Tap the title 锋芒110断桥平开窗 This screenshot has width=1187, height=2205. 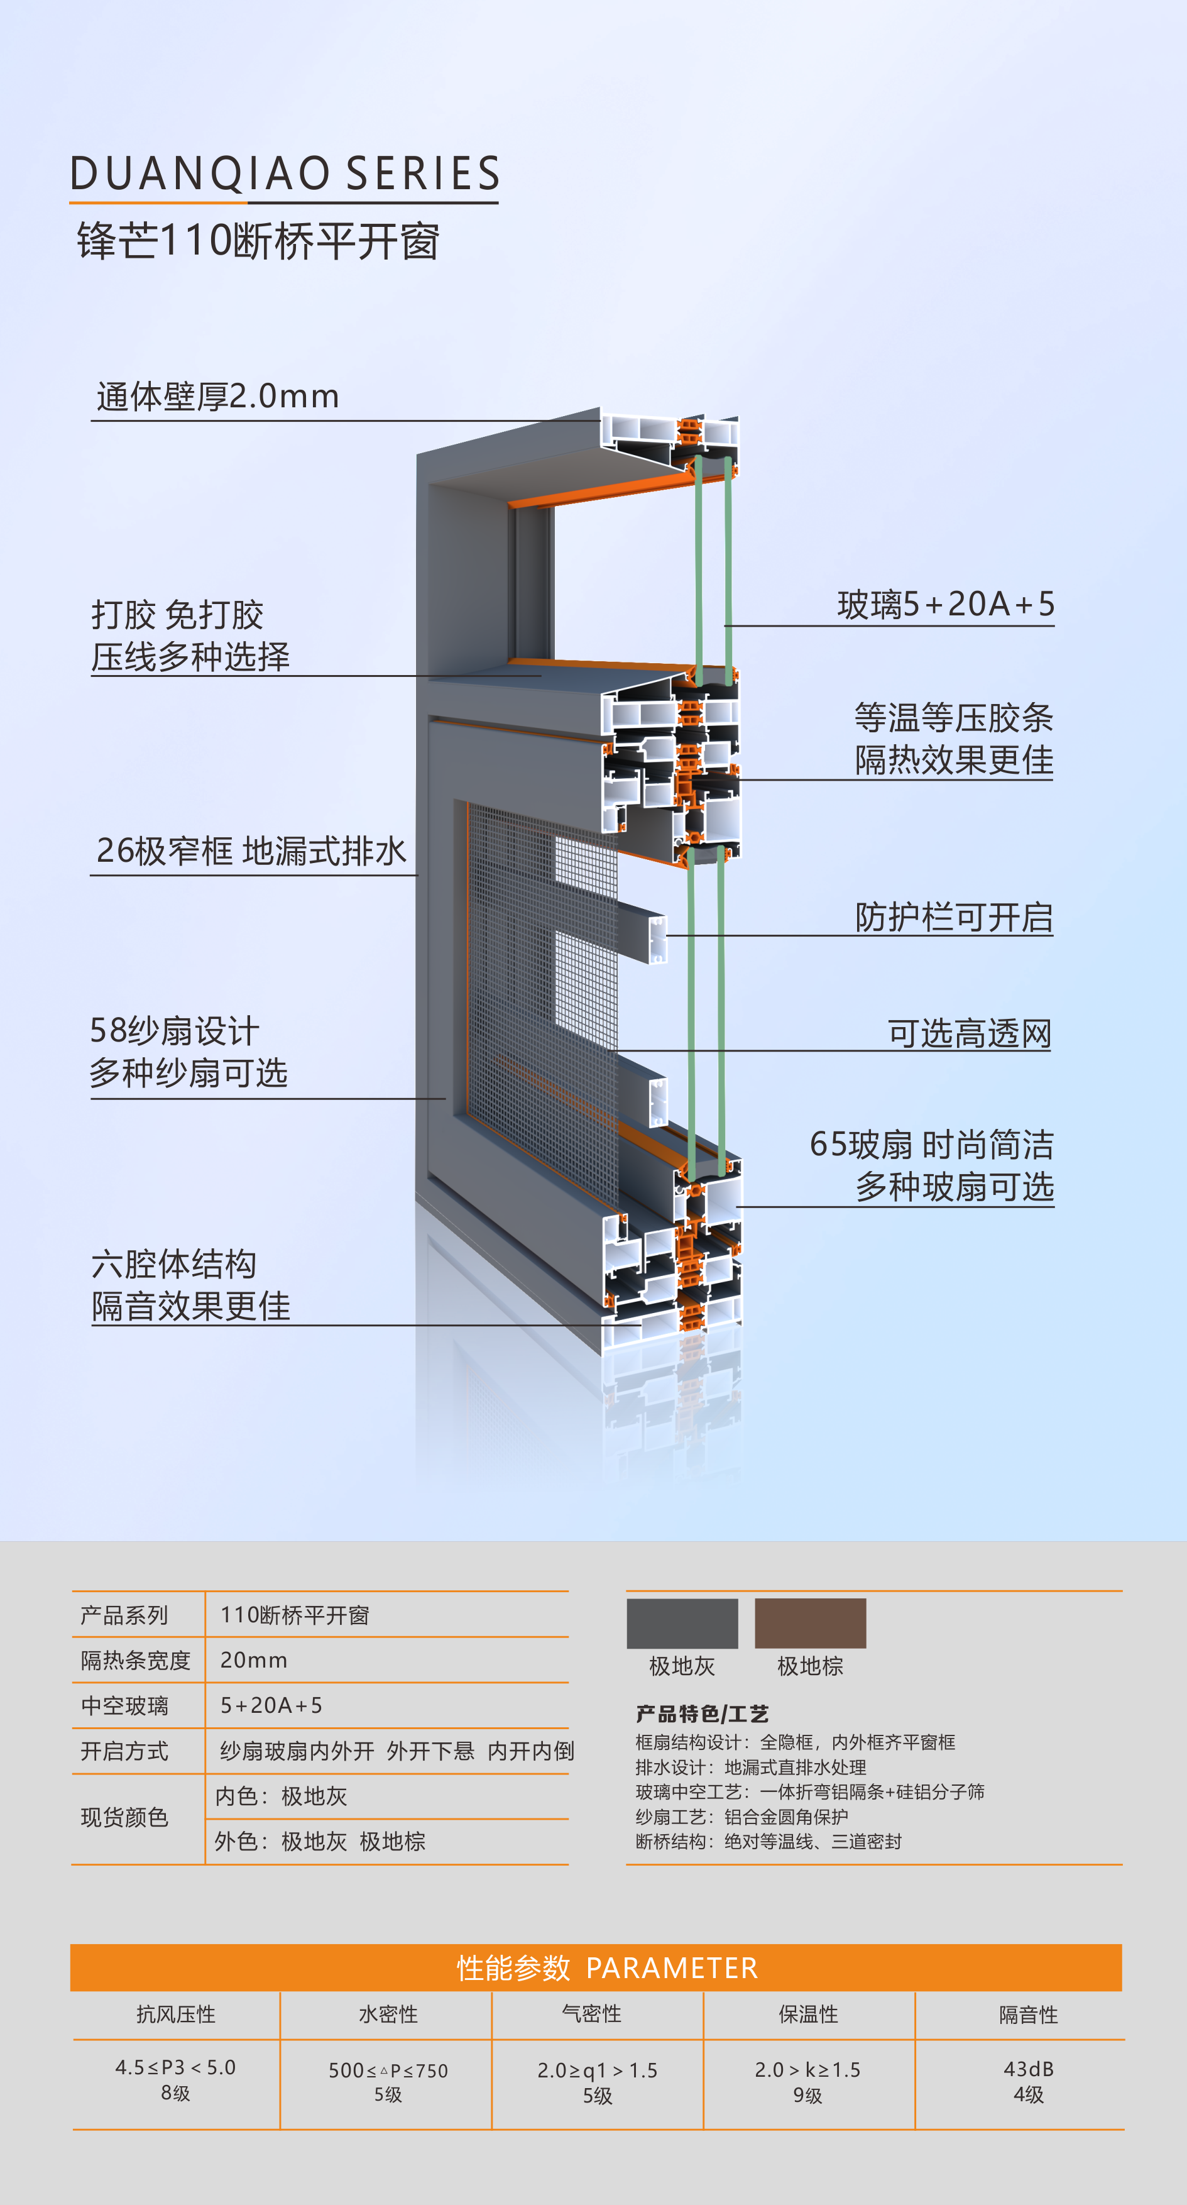[258, 241]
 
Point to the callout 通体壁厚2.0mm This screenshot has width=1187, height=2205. [217, 397]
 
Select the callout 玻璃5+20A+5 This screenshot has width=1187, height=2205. [945, 604]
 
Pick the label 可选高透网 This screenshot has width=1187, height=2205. [969, 1034]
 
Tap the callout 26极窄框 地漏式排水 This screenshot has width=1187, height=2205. [251, 851]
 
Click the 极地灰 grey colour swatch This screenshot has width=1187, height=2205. [682, 1623]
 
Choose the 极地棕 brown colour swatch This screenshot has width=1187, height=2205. [809, 1623]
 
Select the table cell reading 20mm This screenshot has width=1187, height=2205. [253, 1661]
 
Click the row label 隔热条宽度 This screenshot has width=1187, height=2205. [135, 1661]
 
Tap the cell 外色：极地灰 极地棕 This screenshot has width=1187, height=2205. [319, 1841]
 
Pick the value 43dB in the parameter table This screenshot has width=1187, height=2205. [1028, 2069]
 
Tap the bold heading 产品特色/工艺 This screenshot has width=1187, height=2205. [702, 1713]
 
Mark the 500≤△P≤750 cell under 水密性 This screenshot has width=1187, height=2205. [388, 2070]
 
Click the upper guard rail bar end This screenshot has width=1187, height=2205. [657, 939]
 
